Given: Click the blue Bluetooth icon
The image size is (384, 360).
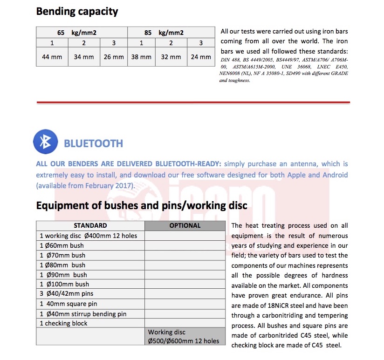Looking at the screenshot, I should click(45, 143).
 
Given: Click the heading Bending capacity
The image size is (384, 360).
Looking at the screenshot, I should click(77, 11).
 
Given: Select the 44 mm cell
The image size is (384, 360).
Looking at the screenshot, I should click(52, 57).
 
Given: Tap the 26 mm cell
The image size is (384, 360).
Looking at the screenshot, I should click(114, 57).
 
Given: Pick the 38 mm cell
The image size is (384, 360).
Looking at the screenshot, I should click(141, 57).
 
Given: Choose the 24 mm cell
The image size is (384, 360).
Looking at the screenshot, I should click(201, 57).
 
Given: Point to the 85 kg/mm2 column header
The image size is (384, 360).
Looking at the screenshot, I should click(164, 33).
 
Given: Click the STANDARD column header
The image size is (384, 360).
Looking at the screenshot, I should click(90, 225).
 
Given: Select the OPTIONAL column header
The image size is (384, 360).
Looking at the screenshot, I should click(185, 225).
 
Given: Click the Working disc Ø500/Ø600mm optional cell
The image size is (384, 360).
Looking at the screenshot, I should click(183, 337).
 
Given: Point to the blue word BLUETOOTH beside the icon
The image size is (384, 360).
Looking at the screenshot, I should click(93, 143).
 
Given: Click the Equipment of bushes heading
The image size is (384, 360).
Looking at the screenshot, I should click(142, 205).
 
